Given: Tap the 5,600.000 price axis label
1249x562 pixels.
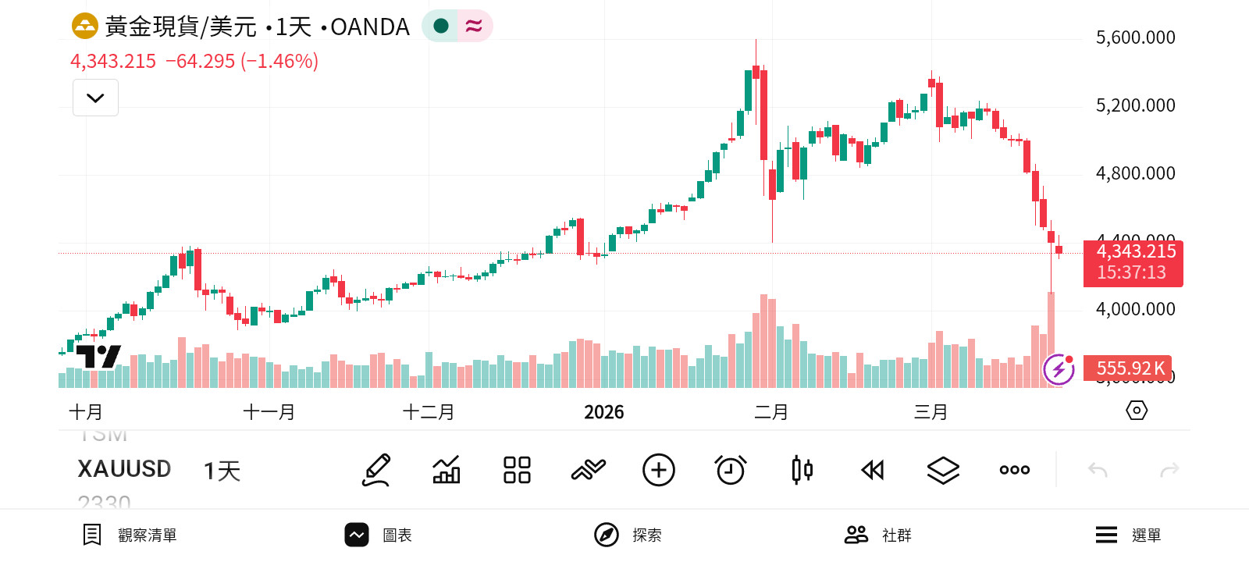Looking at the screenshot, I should click(1135, 37).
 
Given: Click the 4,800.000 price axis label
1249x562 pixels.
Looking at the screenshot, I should click(1135, 173).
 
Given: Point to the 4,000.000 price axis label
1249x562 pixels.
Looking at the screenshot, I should click(1135, 309).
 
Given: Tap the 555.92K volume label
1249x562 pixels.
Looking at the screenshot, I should click(1130, 368).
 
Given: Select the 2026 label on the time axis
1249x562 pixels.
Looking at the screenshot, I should click(603, 412).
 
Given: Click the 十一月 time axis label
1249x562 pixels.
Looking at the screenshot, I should click(269, 412).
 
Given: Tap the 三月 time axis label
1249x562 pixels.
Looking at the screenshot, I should click(931, 412).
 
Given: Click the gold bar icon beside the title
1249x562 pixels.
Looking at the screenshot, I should click(84, 27).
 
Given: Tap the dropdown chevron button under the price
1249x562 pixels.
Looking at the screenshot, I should click(95, 98).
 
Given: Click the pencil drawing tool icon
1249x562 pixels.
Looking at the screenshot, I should click(376, 470).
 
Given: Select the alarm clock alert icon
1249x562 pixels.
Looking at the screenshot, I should click(731, 470).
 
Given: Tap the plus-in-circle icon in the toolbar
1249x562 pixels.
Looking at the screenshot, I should click(659, 470).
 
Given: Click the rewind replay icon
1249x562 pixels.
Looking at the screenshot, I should click(872, 470).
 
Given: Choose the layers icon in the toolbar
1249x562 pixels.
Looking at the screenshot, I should click(943, 470).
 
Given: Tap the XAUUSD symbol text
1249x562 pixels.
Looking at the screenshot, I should click(124, 469).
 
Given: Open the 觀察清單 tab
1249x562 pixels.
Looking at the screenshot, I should click(130, 535).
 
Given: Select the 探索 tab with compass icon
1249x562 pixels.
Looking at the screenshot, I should click(628, 535).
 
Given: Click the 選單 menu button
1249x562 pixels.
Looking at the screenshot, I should click(1128, 535).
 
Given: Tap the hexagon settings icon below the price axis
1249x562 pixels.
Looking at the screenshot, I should click(1137, 411).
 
